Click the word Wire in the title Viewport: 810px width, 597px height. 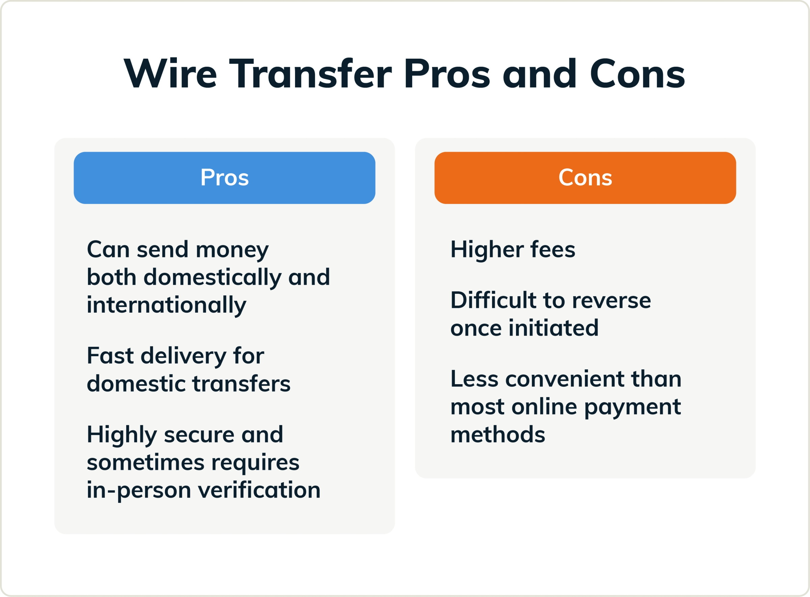tap(170, 74)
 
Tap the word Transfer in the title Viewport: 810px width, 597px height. tap(310, 74)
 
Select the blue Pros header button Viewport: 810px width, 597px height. tap(224, 178)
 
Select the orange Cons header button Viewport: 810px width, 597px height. tap(585, 178)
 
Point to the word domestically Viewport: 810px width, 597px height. tap(212, 278)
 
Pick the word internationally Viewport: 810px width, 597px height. tap(166, 305)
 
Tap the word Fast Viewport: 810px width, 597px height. tap(110, 356)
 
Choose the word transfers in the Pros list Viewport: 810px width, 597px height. tap(241, 384)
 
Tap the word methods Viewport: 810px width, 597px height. tap(497, 435)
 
